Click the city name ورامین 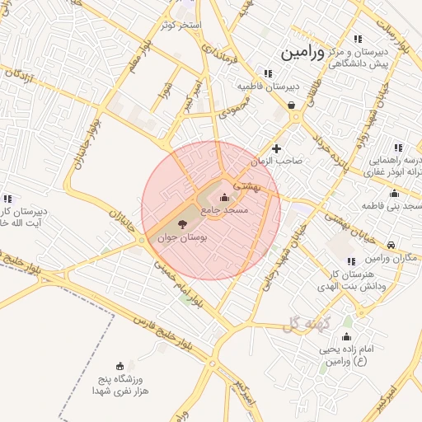point(303,53)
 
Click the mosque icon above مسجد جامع point(225,198)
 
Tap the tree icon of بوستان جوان point(181,223)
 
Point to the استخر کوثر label point(182,26)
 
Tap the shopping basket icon point(293,105)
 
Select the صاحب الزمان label point(277,161)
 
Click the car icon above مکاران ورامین point(392,244)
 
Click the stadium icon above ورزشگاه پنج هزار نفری point(121,365)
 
